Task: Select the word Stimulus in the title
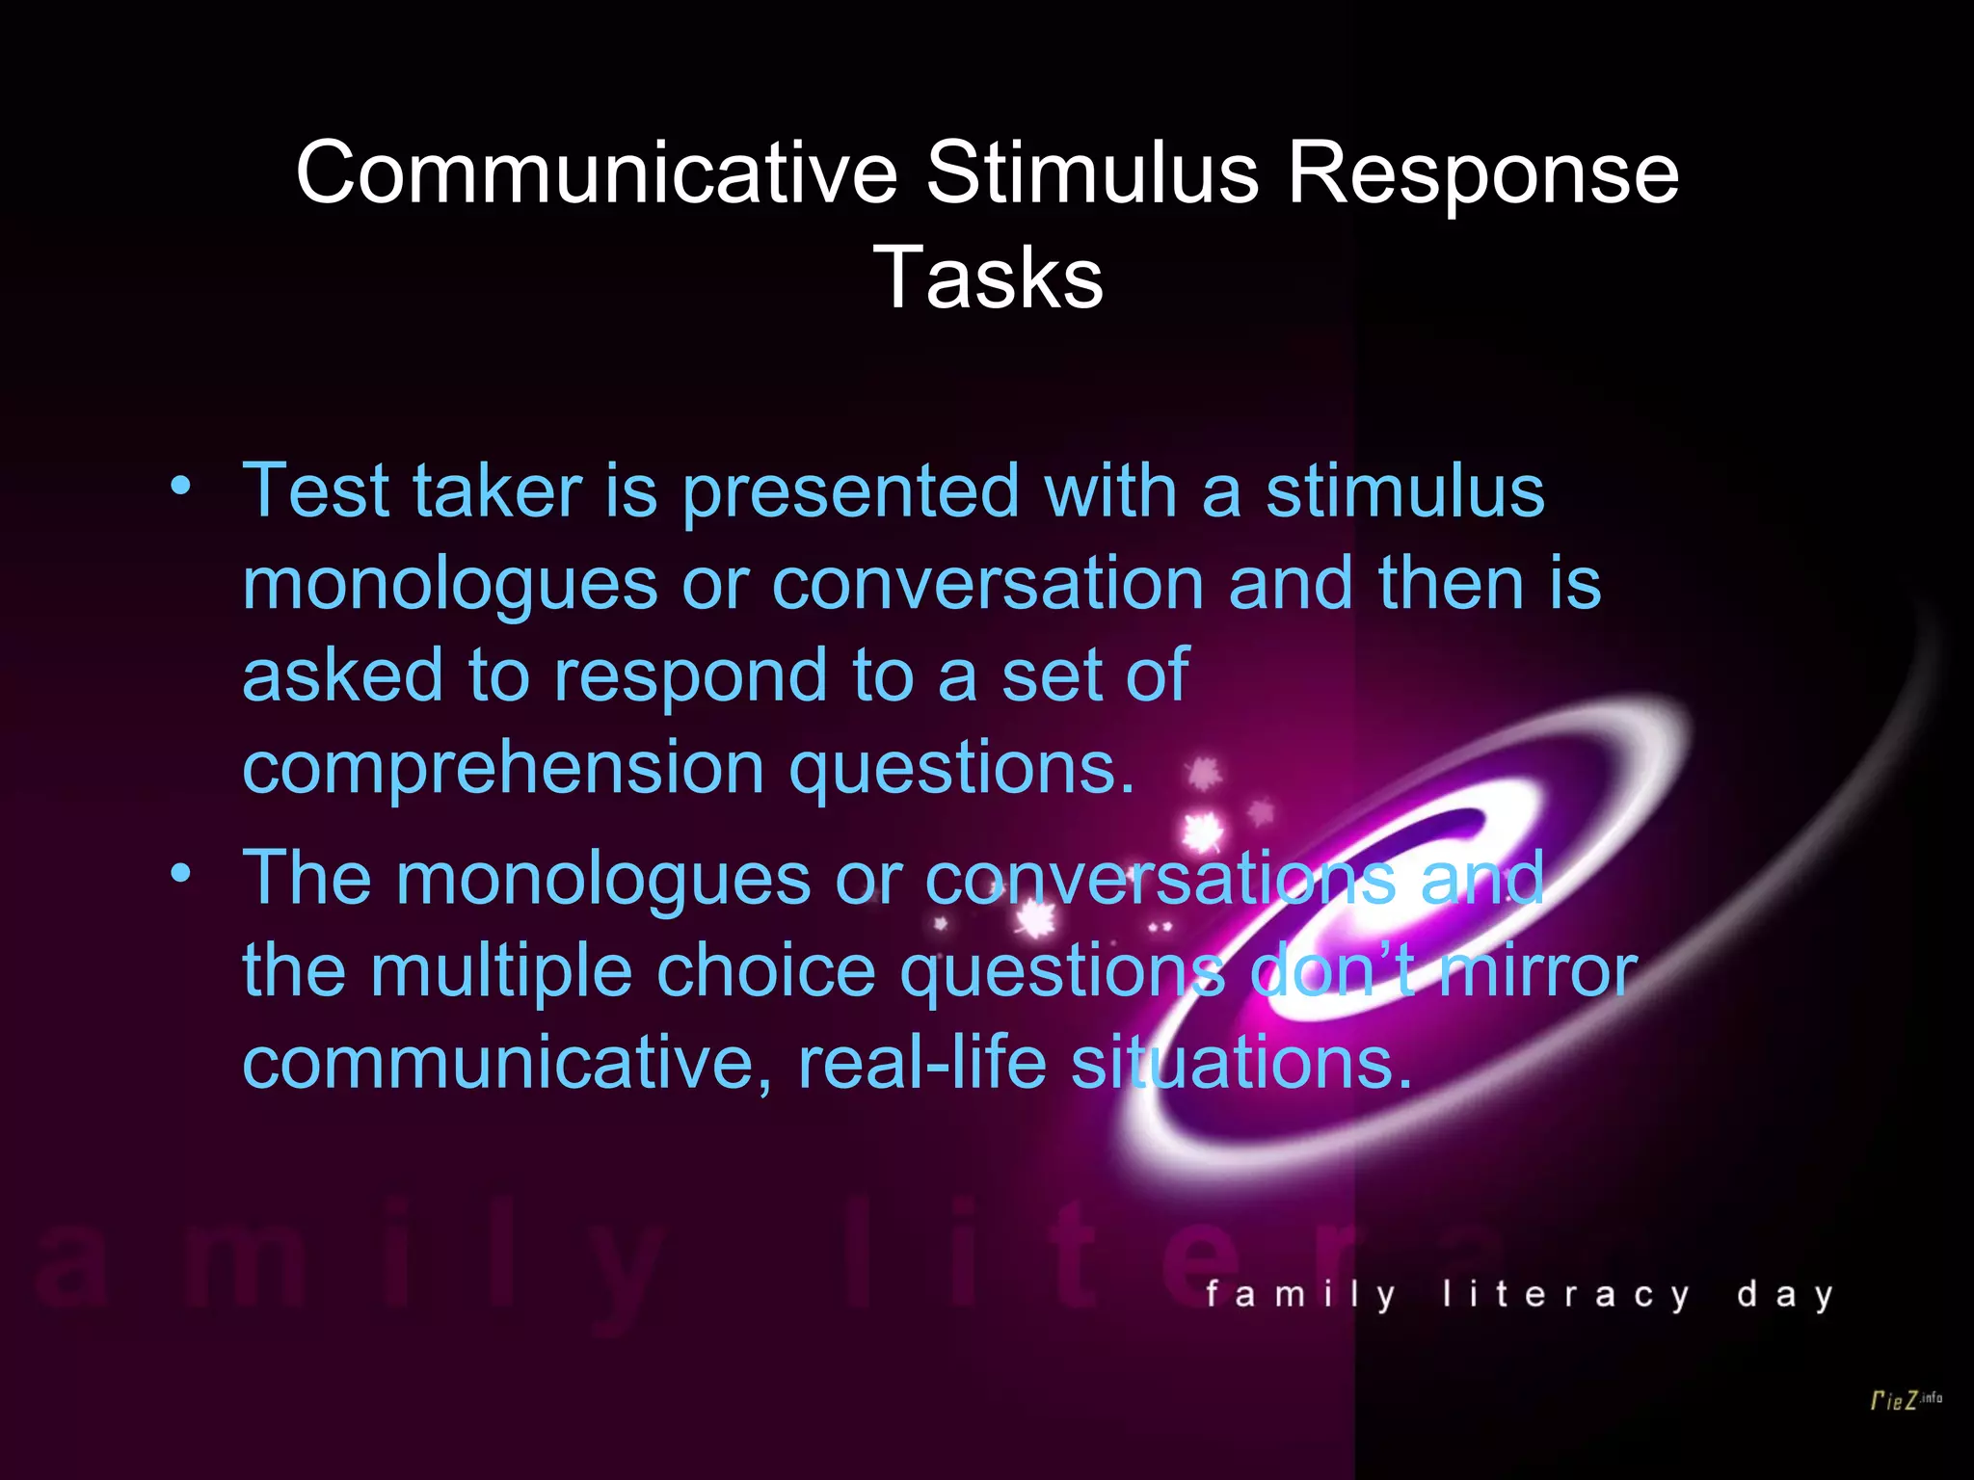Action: coord(1092,173)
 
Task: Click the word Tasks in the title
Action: coord(988,278)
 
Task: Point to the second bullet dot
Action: coord(180,873)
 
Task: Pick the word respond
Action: coord(690,676)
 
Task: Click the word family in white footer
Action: coord(1301,1294)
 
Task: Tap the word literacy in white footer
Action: coord(1566,1294)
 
